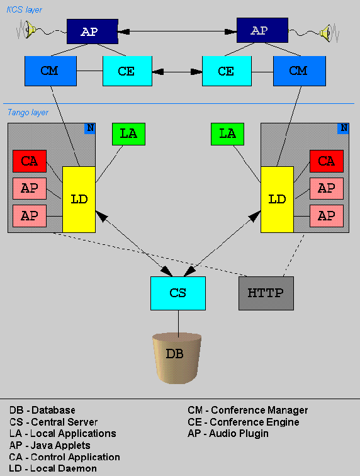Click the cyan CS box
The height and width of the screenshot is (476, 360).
click(178, 293)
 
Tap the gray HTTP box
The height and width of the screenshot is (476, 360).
click(266, 293)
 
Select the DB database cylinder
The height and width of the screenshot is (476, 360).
click(177, 358)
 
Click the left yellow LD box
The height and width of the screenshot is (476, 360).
click(79, 200)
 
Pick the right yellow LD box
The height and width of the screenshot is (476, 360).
click(277, 200)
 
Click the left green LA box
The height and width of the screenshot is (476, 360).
click(128, 134)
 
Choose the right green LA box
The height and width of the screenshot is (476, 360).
click(227, 134)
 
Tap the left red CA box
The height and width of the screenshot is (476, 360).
click(30, 161)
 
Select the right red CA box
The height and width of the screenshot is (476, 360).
click(326, 161)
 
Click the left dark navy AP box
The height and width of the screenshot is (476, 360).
click(93, 31)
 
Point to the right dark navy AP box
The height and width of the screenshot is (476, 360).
click(262, 30)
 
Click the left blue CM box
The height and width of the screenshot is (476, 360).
click(50, 71)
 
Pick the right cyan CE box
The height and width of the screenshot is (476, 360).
click(227, 71)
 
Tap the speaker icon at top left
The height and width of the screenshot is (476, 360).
click(30, 30)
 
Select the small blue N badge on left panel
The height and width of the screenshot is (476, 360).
click(90, 128)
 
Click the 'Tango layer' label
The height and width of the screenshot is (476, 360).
click(28, 113)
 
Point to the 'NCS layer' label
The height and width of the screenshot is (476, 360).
click(25, 9)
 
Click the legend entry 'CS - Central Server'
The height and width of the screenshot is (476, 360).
click(53, 422)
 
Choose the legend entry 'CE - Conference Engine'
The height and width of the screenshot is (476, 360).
click(244, 422)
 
